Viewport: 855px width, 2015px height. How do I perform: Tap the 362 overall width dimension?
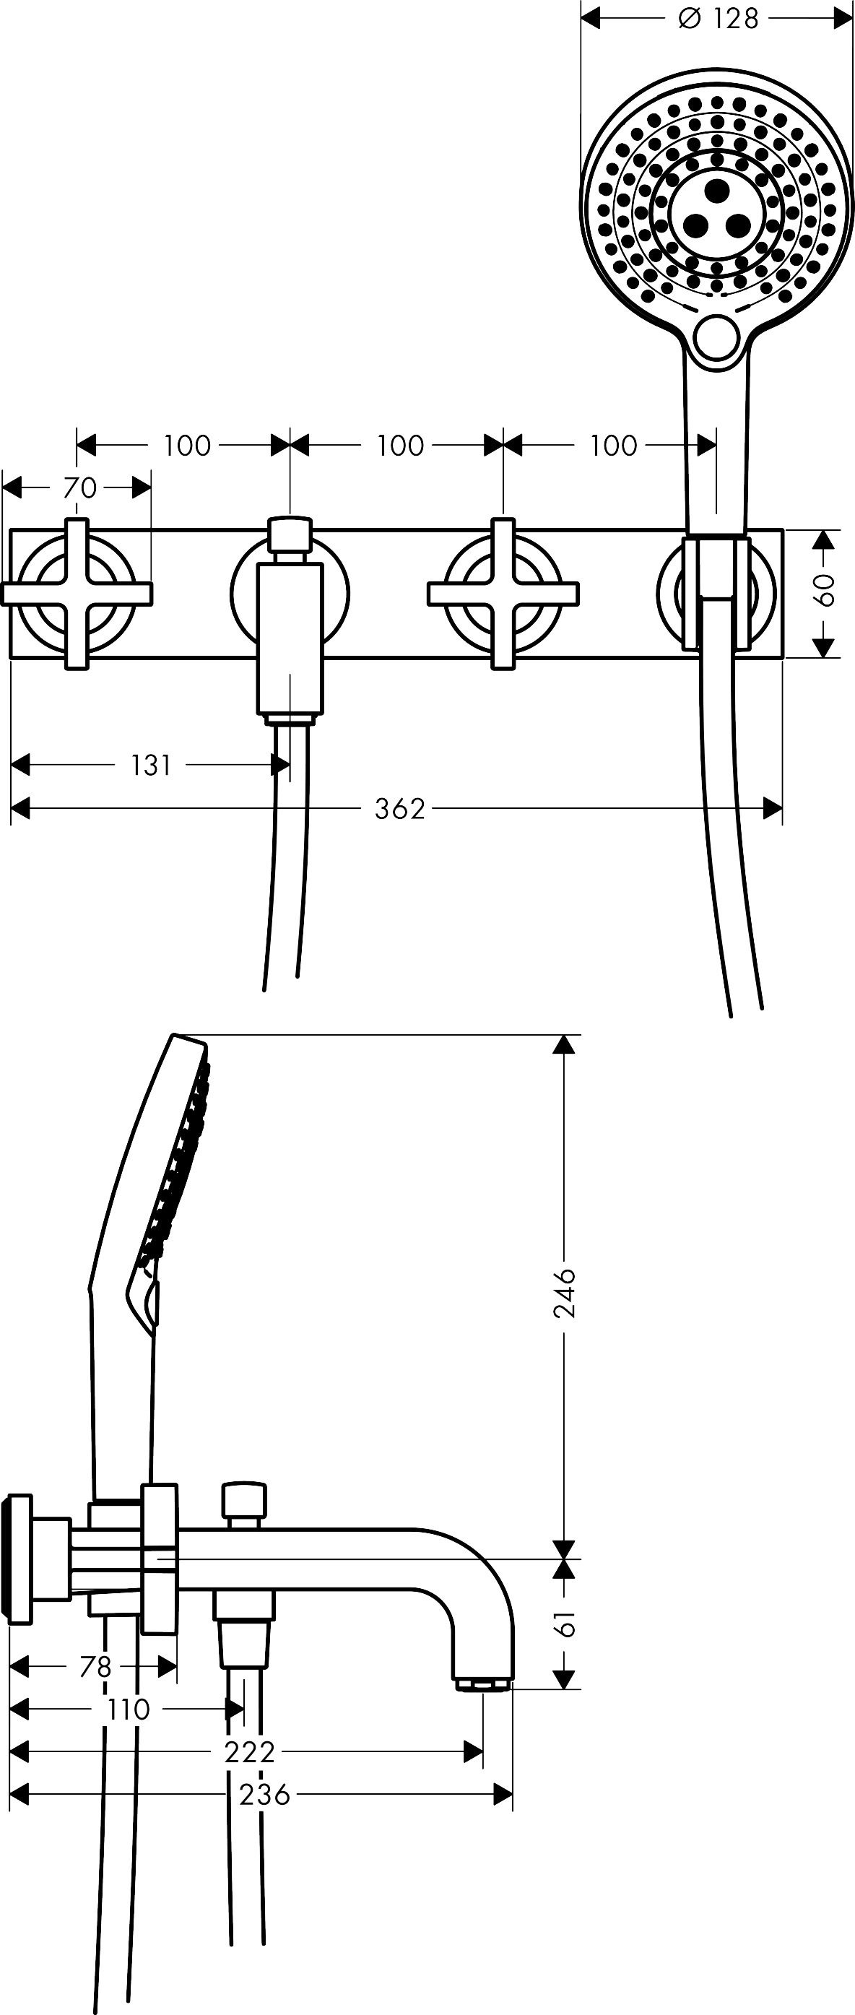pos(400,808)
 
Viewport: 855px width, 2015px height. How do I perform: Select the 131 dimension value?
pos(150,765)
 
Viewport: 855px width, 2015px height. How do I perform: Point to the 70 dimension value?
pos(79,488)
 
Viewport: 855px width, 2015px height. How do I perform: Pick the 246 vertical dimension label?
pos(564,1293)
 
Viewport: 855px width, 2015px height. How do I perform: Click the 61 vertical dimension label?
pos(564,1623)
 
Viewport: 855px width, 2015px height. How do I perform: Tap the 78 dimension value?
pos(95,1666)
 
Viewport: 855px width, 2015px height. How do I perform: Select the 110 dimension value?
pos(128,1709)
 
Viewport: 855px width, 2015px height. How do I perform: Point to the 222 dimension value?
pos(250,1752)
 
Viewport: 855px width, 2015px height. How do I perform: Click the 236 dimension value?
pos(264,1795)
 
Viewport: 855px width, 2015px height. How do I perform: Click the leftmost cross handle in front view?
pos(77,594)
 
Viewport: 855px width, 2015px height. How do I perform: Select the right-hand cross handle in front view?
pos(503,594)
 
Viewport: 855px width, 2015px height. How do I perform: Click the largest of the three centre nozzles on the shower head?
pos(717,190)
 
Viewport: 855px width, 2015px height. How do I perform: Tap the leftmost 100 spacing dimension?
pos(187,446)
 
